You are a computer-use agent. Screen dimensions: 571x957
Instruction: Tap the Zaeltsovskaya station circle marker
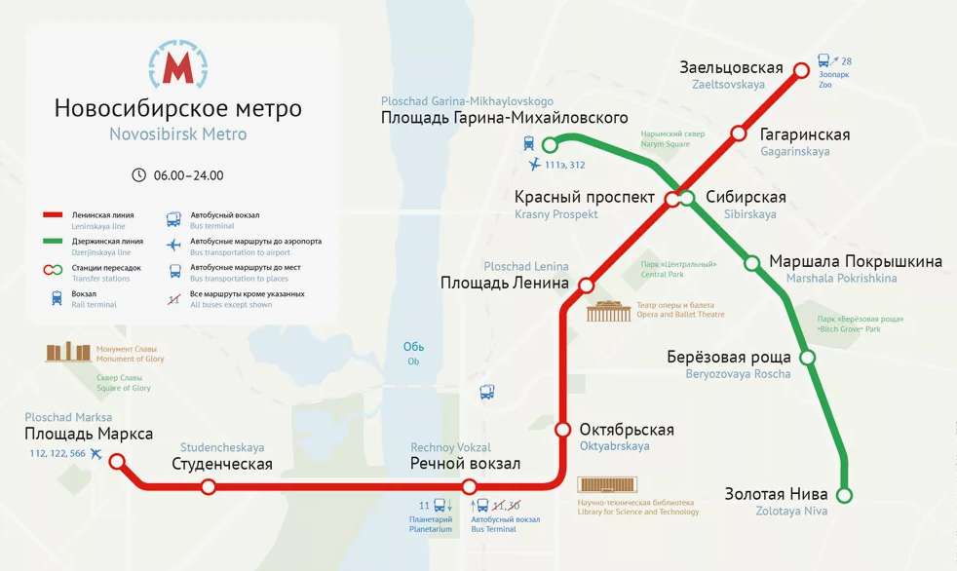pyautogui.click(x=801, y=70)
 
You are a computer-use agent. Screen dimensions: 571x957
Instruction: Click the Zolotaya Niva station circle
pyautogui.click(x=845, y=495)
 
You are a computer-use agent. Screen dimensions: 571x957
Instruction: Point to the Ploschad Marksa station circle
pyautogui.click(x=117, y=462)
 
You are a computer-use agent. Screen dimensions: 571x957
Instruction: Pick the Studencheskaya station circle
pyautogui.click(x=208, y=486)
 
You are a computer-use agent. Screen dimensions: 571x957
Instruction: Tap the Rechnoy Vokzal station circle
pyautogui.click(x=470, y=486)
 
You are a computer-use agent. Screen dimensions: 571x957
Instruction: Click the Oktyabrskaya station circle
pyautogui.click(x=562, y=430)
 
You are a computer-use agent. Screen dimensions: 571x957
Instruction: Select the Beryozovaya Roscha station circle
pyautogui.click(x=807, y=357)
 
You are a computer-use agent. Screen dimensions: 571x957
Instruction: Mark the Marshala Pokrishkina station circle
pyautogui.click(x=752, y=262)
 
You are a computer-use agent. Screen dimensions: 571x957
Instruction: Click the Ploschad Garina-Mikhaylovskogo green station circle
pyautogui.click(x=550, y=145)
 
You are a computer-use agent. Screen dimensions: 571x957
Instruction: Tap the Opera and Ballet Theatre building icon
pyautogui.click(x=609, y=311)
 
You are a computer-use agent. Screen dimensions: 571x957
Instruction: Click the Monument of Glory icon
pyautogui.click(x=68, y=352)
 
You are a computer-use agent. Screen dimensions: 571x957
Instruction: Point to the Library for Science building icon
pyautogui.click(x=608, y=485)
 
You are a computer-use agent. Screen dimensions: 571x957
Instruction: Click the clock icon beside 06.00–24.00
pyautogui.click(x=138, y=175)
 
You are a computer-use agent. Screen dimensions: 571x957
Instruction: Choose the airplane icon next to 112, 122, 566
pyautogui.click(x=96, y=453)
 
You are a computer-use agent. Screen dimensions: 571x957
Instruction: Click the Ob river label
pyautogui.click(x=413, y=348)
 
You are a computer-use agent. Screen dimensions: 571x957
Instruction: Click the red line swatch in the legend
pyautogui.click(x=54, y=215)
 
